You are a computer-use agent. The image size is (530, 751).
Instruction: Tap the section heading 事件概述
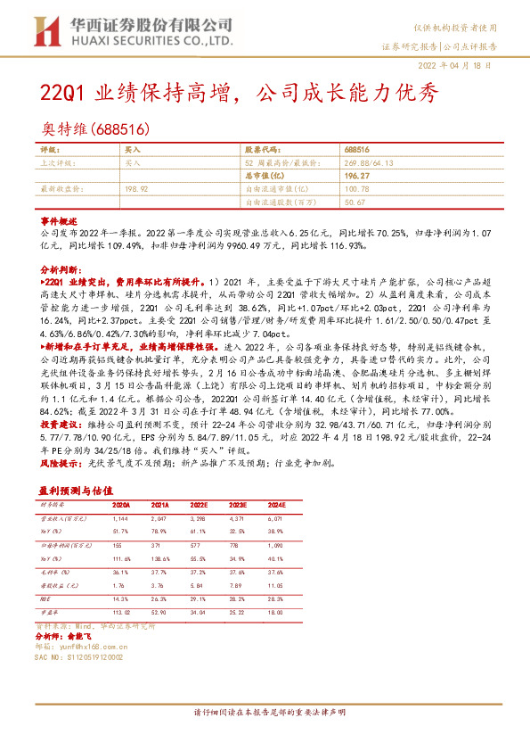point(60,219)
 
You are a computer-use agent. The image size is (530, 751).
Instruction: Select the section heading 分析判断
point(60,267)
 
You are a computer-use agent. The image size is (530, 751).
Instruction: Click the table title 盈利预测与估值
point(76,491)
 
